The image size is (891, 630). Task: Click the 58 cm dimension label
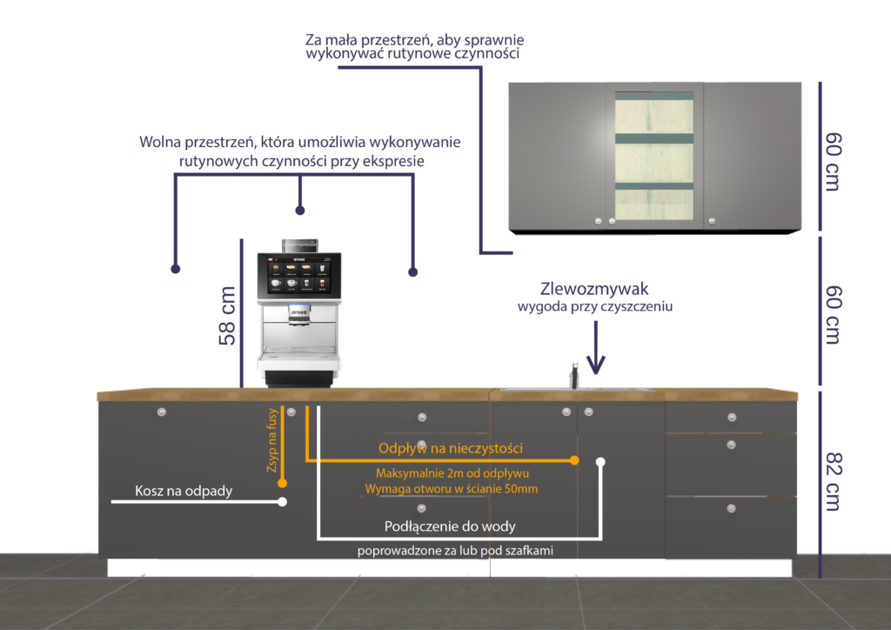(228, 316)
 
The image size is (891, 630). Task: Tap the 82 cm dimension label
(832, 481)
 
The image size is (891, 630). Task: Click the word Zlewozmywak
(595, 289)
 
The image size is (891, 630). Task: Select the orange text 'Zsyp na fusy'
(271, 440)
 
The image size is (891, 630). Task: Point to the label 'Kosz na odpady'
(184, 492)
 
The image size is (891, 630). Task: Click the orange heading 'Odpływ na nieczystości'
(450, 448)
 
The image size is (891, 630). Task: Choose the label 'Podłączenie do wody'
(450, 526)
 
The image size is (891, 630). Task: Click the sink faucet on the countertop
(574, 375)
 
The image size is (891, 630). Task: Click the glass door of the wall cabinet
(654, 157)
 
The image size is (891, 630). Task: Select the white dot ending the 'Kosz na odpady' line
(282, 502)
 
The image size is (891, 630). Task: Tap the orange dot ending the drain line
(574, 459)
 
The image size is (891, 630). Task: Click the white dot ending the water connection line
(600, 461)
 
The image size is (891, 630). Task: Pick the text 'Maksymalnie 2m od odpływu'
(452, 473)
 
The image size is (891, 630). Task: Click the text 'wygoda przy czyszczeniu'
(595, 307)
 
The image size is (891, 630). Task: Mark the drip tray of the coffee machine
(298, 357)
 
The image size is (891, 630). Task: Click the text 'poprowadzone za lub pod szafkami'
(455, 551)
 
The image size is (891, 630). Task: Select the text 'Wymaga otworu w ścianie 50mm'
(452, 489)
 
